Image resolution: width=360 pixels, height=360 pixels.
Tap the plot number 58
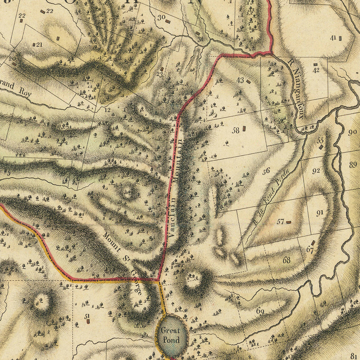tap(235, 130)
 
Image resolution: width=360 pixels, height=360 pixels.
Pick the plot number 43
tap(240, 80)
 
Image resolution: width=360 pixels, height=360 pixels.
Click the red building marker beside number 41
tap(340, 38)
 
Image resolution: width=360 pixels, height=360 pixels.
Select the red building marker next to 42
tap(315, 64)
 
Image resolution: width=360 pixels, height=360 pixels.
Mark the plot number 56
tap(266, 171)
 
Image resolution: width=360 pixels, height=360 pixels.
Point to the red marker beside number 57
tap(289, 222)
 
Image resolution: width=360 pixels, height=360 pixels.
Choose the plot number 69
tap(260, 311)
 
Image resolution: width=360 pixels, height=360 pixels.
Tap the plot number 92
tap(316, 171)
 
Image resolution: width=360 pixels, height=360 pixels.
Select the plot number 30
tap(161, 18)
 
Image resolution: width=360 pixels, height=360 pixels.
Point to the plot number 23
tap(160, 75)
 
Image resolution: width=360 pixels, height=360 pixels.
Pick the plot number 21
tap(39, 45)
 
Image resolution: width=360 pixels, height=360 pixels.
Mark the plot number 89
tap(352, 164)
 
